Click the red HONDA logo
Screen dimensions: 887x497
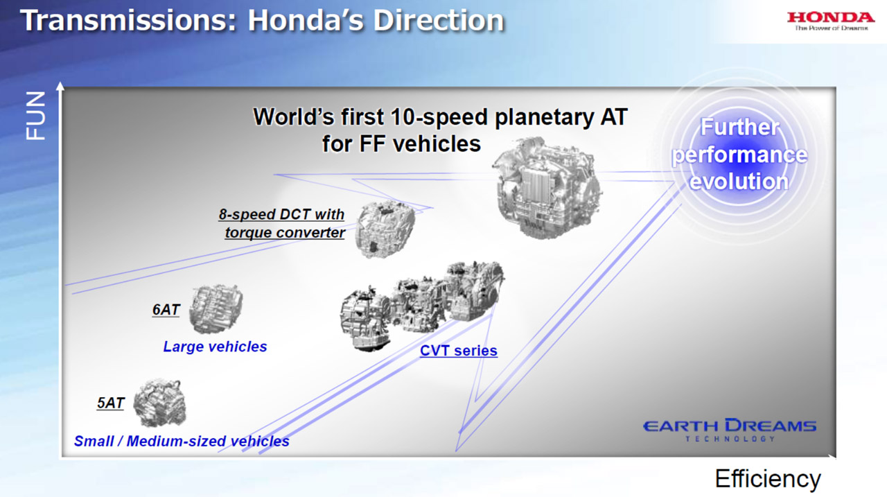[x=831, y=17]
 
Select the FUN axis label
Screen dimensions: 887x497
[x=35, y=116]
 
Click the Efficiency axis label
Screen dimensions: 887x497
[x=768, y=479]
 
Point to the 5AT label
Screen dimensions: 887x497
[x=110, y=403]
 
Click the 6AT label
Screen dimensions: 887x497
[x=166, y=310]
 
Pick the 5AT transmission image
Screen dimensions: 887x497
[x=160, y=403]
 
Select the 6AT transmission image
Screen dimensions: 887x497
[x=216, y=309]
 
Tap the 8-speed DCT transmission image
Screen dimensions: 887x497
[x=385, y=229]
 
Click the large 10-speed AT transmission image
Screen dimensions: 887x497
[x=547, y=188]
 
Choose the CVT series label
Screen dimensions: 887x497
[x=459, y=351]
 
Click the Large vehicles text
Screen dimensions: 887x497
[x=215, y=347]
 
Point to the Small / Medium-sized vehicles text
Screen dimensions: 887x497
[x=182, y=441]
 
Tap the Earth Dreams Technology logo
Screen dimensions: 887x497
[x=730, y=430]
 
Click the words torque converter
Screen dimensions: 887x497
[x=285, y=233]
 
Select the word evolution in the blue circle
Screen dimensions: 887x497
[x=739, y=182]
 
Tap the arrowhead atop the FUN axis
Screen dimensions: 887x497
[x=60, y=85]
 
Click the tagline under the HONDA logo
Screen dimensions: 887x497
[x=832, y=28]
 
